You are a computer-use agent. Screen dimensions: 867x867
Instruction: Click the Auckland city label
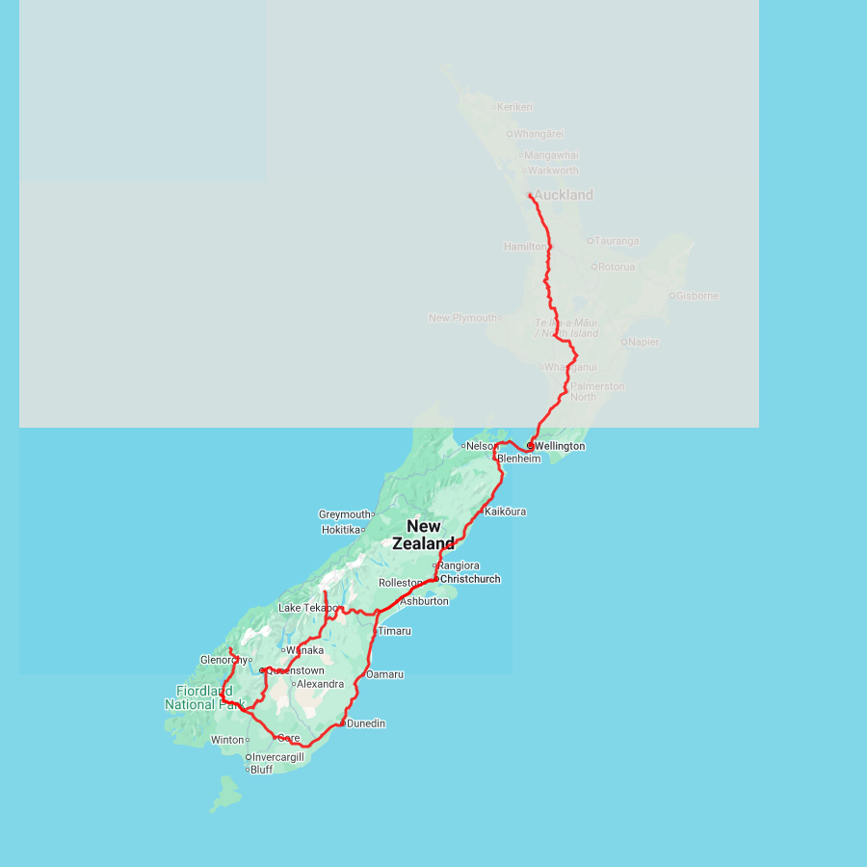[x=564, y=196]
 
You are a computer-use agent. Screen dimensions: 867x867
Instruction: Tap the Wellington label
[x=560, y=447]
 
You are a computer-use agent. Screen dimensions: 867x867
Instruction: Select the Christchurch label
[x=470, y=579]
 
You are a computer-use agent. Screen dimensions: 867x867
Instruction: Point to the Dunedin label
[x=366, y=723]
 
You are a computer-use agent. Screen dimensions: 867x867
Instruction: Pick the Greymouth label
[x=344, y=514]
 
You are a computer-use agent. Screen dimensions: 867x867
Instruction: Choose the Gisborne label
[x=697, y=296]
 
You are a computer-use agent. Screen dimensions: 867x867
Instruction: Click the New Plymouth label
[x=462, y=318]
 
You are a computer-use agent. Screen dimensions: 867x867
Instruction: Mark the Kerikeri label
[x=515, y=107]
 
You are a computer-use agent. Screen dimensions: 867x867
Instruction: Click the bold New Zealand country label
[x=424, y=535]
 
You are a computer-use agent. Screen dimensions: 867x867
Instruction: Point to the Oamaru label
[x=384, y=674]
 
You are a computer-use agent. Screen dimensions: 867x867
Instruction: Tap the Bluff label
[x=261, y=770]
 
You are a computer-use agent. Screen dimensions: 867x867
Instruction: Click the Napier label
[x=644, y=342]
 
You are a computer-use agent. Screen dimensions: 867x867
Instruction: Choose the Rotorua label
[x=617, y=267]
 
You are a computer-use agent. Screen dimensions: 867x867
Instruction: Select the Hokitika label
[x=341, y=530]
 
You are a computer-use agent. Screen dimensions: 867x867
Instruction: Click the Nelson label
[x=480, y=446]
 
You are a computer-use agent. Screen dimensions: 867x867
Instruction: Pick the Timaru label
[x=394, y=631]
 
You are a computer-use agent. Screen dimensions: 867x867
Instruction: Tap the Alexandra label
[x=320, y=684]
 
